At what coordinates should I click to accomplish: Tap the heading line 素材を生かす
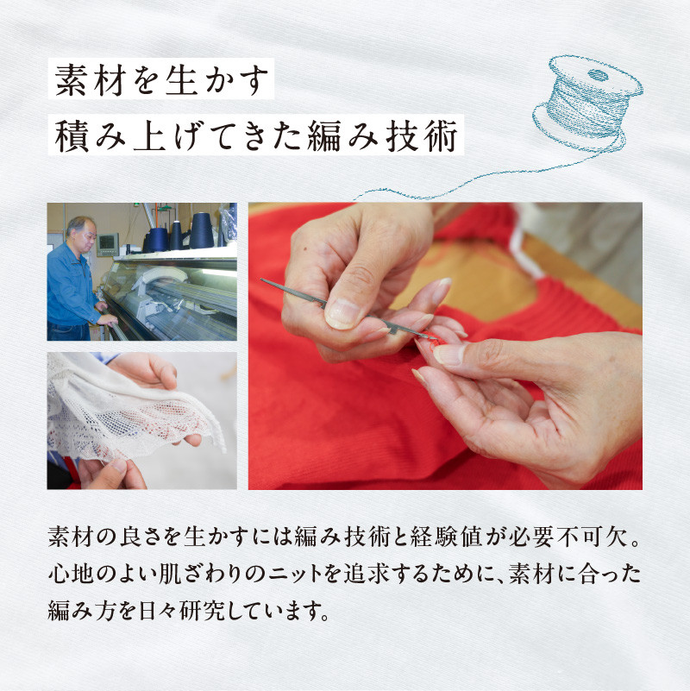[x=160, y=83]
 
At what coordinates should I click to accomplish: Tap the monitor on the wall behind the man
[x=107, y=243]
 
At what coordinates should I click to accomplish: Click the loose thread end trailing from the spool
[x=371, y=193]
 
